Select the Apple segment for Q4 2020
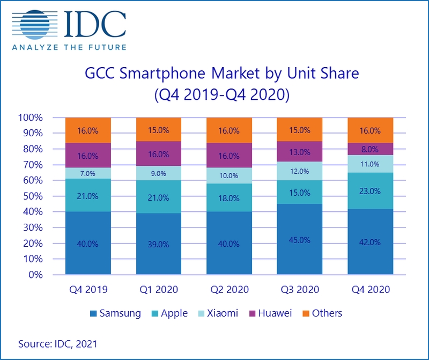coord(371,191)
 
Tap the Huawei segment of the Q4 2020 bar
coord(371,149)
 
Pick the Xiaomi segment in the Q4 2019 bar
coord(88,173)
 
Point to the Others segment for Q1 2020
coord(159,130)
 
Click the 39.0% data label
coord(159,244)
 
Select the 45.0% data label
coord(299,239)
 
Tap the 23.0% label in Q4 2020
coord(371,191)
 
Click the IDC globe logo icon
coord(35,25)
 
